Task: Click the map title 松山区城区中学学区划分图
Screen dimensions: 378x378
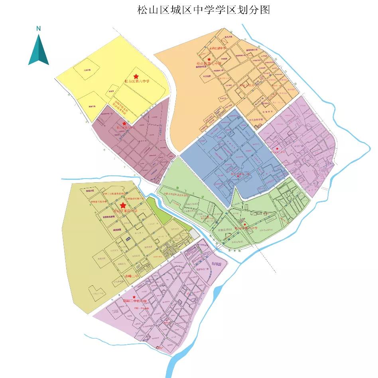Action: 204,10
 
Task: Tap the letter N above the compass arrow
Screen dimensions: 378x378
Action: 38,28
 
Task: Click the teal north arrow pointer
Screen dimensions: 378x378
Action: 38,50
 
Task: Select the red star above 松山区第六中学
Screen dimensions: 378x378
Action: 136,76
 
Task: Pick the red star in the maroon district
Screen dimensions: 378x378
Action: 124,124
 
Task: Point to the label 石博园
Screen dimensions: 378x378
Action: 219,265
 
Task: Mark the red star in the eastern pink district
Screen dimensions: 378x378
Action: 278,149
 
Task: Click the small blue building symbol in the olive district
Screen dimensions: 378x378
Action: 128,238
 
